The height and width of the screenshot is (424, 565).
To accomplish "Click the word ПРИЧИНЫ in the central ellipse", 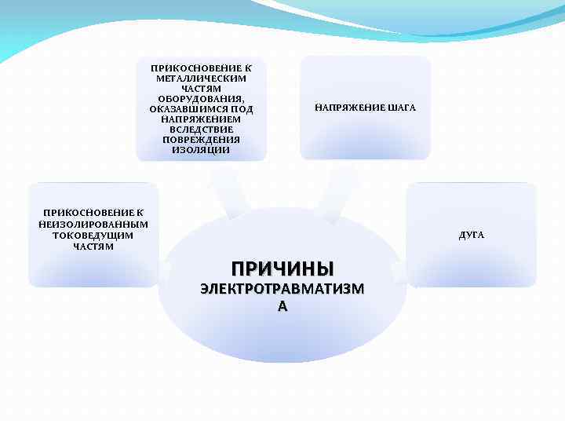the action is (282, 268).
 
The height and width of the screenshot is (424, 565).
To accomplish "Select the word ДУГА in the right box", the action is (472, 235).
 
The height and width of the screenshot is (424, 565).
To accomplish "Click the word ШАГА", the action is (401, 108).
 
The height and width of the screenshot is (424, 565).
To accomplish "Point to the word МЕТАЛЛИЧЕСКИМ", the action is (201, 79).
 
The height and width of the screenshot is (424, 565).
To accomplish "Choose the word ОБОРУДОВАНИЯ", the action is (201, 99).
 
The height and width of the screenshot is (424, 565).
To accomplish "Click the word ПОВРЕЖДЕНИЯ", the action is (201, 140).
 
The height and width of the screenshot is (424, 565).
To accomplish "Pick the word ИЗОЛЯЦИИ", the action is (201, 150).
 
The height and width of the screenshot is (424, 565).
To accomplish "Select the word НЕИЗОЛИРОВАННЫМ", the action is (93, 224).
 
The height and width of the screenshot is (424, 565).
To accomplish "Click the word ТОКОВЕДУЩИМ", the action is (93, 236).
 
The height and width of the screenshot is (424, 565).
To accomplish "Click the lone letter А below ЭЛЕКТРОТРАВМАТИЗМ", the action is (282, 307).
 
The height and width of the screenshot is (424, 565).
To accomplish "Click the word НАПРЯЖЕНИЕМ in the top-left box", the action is (201, 119).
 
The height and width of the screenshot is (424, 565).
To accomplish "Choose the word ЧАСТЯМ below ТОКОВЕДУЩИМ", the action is (93, 247).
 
